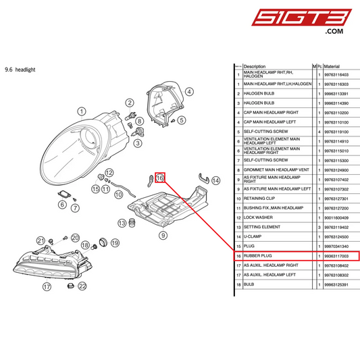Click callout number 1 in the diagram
81,111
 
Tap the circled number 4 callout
190,92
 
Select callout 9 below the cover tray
163,235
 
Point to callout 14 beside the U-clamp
216,180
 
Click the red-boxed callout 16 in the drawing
160,178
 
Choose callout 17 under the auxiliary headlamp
47,286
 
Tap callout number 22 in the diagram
82,286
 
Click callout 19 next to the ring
115,242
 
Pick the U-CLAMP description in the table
253,237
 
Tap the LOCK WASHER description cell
259,218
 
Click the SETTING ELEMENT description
263,228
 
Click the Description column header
255,66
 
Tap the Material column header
332,66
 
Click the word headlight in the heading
25,70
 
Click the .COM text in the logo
334,31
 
